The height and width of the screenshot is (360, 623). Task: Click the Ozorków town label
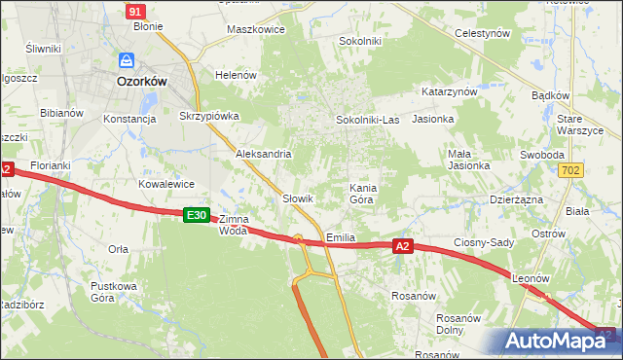click(141, 83)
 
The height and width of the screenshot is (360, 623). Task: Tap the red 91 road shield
click(136, 11)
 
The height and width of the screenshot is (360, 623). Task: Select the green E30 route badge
click(197, 215)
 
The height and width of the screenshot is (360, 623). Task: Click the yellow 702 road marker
click(572, 170)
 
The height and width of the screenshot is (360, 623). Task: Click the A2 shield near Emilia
click(405, 247)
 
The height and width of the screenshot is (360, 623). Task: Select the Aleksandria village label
click(264, 155)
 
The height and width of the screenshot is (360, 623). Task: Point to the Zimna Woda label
click(234, 225)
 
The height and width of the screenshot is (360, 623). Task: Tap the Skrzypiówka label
click(209, 116)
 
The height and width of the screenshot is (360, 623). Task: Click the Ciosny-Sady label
click(485, 242)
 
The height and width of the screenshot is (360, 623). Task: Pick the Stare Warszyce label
click(582, 125)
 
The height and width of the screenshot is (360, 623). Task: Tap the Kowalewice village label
click(166, 184)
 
